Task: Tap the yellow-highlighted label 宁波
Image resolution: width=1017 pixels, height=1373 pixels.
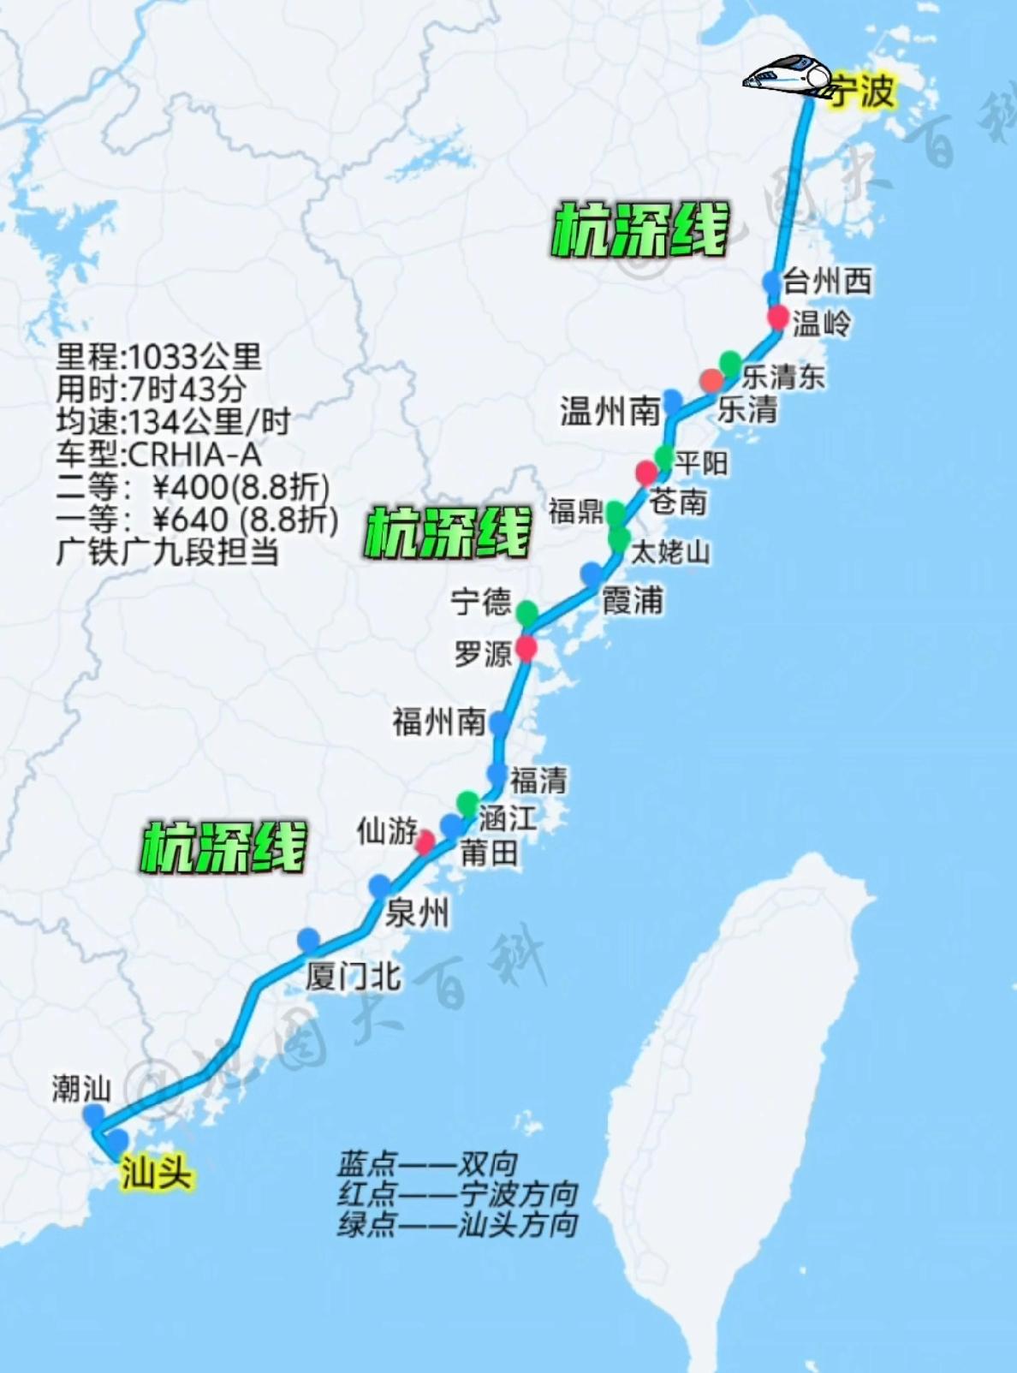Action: (863, 91)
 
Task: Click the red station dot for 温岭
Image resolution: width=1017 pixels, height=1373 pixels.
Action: (777, 317)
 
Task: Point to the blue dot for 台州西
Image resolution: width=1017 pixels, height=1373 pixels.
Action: (771, 281)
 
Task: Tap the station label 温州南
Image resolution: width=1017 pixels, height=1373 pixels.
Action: (610, 411)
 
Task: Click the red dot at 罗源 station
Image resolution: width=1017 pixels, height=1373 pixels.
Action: (526, 648)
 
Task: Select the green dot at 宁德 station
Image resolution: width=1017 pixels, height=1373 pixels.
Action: (526, 612)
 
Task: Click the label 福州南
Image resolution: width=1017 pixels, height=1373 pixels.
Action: (439, 722)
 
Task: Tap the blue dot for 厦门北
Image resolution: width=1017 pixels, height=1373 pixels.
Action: (308, 939)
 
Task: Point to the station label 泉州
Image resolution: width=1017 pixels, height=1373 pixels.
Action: (417, 913)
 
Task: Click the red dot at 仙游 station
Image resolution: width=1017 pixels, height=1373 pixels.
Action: (425, 841)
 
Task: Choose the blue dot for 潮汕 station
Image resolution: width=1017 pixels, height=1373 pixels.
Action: (93, 1115)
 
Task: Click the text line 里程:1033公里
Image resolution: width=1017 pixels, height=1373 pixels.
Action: (159, 357)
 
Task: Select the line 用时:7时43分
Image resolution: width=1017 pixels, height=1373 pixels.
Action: (152, 389)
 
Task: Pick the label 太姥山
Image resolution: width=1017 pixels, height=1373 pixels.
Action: (670, 552)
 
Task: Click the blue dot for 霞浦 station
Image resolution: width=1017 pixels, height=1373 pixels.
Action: (592, 574)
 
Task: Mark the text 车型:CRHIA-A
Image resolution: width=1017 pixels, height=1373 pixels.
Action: (159, 455)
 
